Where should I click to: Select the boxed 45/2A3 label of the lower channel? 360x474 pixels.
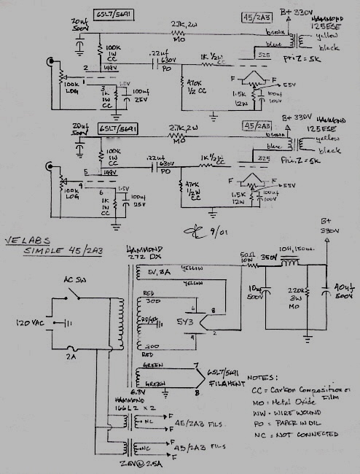point(258,125)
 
